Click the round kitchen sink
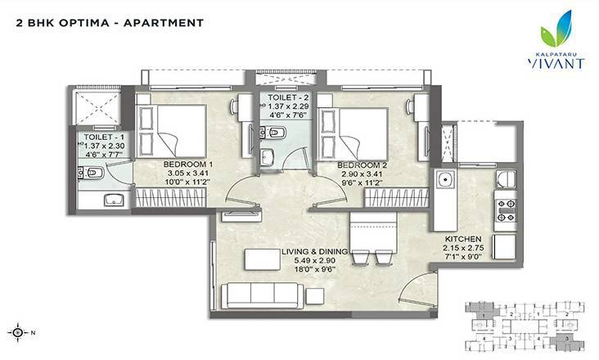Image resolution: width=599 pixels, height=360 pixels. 447,181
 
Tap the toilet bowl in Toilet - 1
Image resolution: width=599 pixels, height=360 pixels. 93,173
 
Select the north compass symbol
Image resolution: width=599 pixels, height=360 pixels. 20,333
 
